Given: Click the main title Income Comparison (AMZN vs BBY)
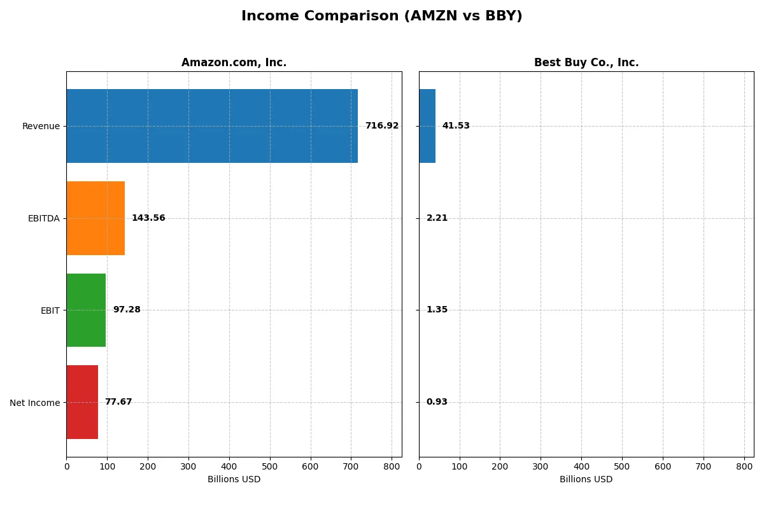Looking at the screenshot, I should (x=381, y=17).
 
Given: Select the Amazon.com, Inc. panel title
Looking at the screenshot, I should (x=234, y=63).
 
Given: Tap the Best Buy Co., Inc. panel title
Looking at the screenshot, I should (x=586, y=63).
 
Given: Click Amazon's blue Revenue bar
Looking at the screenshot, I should (x=212, y=126).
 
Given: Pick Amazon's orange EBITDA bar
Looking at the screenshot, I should (x=95, y=218).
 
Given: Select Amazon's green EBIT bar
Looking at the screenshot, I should (x=86, y=310).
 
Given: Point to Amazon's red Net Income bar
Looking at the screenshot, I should (x=82, y=402).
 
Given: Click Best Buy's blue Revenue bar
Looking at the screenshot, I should (x=427, y=126).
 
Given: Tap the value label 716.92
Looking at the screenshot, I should (x=381, y=126).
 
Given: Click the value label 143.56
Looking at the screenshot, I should (x=148, y=218).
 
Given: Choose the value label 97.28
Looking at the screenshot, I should (x=127, y=310).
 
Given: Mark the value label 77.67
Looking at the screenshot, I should (x=118, y=402).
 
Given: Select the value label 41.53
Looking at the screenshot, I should (x=456, y=126).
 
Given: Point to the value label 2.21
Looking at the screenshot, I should (x=437, y=218).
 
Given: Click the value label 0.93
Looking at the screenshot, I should (x=437, y=402).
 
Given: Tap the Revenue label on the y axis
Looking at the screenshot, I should (x=41, y=126).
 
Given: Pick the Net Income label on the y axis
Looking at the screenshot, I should (x=34, y=403).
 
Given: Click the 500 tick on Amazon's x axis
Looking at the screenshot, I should (x=270, y=466).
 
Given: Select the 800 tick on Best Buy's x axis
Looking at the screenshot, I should (x=744, y=466).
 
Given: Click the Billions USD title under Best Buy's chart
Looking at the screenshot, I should (x=586, y=480).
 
